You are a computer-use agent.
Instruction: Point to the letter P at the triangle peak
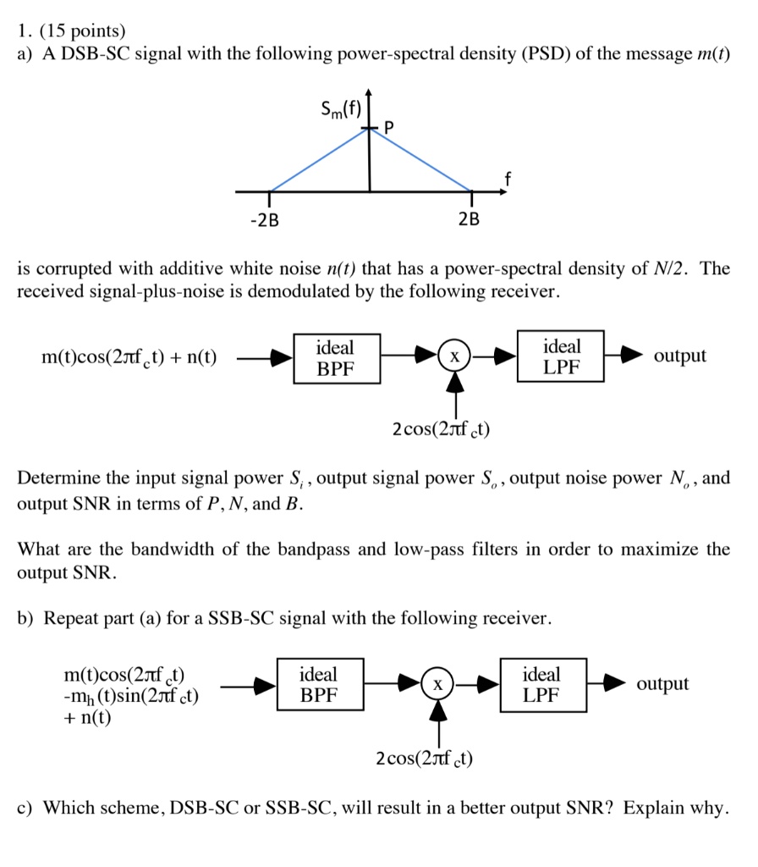coord(389,128)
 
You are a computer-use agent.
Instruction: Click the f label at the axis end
coord(507,179)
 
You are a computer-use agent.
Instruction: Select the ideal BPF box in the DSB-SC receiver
coord(336,357)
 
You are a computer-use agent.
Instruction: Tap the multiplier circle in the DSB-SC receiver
coord(454,357)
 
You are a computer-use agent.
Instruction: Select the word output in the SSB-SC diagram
coord(662,684)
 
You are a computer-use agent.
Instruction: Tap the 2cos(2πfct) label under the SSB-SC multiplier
coord(425,757)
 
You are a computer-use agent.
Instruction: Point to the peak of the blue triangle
coord(369,129)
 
